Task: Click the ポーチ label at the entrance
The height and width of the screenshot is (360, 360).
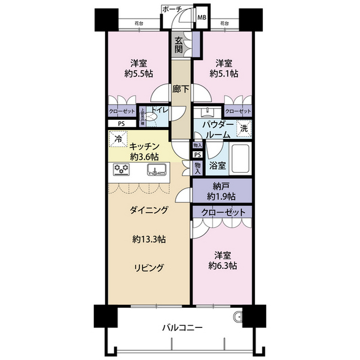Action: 170,10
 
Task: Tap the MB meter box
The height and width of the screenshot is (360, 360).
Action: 201,16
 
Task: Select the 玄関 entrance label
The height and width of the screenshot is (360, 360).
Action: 178,44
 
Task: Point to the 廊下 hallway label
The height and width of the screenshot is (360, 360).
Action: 181,88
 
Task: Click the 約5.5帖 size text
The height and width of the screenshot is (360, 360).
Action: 138,73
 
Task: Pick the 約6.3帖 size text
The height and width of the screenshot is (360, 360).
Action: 224,265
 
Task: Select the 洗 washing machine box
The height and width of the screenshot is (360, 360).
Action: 244,128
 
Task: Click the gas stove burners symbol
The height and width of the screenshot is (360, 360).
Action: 121,169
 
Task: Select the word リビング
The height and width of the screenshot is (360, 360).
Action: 148,268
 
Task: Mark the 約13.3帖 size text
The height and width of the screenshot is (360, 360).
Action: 149,239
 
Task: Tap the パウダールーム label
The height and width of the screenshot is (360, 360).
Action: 214,129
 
